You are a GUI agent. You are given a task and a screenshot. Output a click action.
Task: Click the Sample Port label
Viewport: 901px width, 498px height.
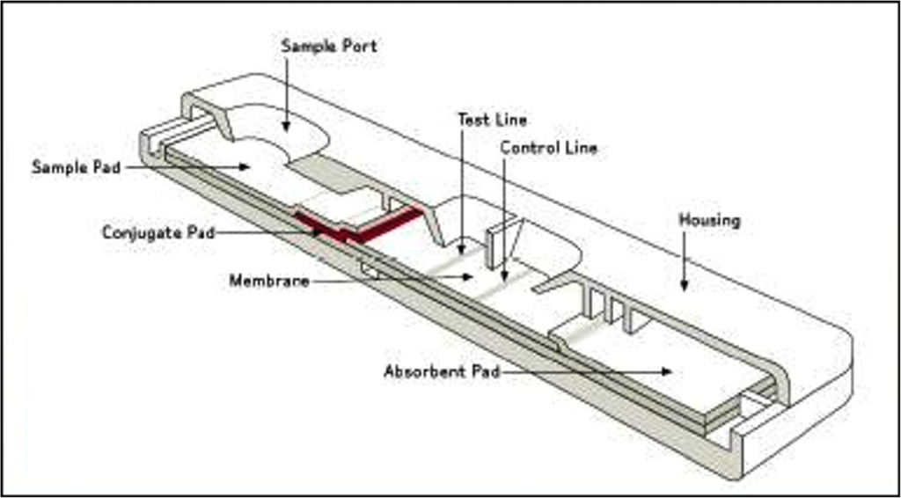pos(328,46)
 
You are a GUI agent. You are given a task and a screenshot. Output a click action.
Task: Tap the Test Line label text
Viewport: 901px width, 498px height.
pos(492,119)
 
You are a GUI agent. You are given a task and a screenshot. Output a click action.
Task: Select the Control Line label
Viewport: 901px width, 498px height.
pos(548,148)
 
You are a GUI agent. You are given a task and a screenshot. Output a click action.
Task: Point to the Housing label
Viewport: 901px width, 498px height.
pos(709,220)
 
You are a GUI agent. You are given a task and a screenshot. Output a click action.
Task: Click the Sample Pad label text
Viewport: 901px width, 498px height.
pos(77,166)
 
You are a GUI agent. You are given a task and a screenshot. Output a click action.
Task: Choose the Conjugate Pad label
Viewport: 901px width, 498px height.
pos(157,233)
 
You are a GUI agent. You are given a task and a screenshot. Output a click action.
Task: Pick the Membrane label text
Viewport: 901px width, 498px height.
pos(269,281)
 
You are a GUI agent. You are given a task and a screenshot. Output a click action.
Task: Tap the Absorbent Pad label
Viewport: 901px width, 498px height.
pos(442,372)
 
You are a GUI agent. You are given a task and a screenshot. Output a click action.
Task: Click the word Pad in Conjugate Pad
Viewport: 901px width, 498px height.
pos(198,233)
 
